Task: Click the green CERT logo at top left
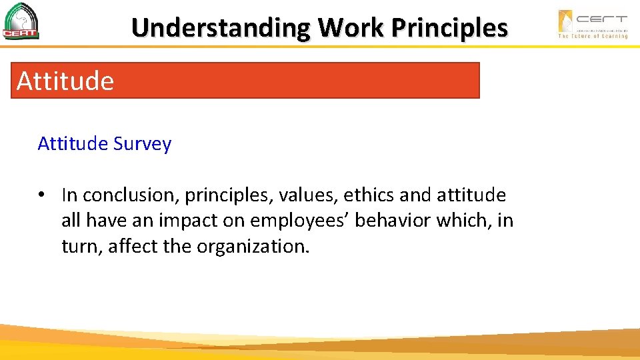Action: click(21, 21)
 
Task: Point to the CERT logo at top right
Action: click(593, 20)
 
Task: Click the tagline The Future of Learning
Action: click(593, 36)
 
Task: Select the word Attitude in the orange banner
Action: click(65, 81)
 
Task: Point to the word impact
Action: click(187, 221)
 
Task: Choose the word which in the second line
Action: click(463, 221)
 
